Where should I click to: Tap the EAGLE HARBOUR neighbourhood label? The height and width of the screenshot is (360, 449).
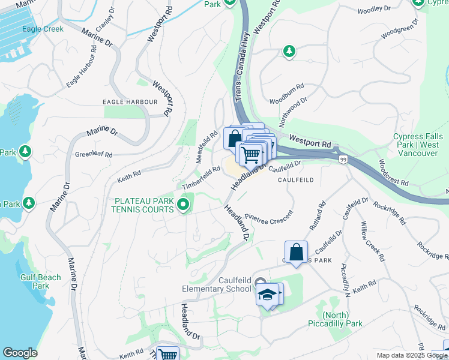click(x=130, y=102)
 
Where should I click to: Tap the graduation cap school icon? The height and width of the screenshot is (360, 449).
click(x=268, y=295)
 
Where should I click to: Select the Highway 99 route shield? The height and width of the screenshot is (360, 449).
click(x=343, y=159)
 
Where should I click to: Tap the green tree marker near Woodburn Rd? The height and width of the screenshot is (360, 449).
click(x=289, y=52)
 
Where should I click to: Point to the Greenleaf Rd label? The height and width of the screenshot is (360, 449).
click(x=93, y=155)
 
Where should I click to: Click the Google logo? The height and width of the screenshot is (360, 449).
click(x=20, y=353)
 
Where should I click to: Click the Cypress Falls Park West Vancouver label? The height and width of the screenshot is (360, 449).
click(x=416, y=145)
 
